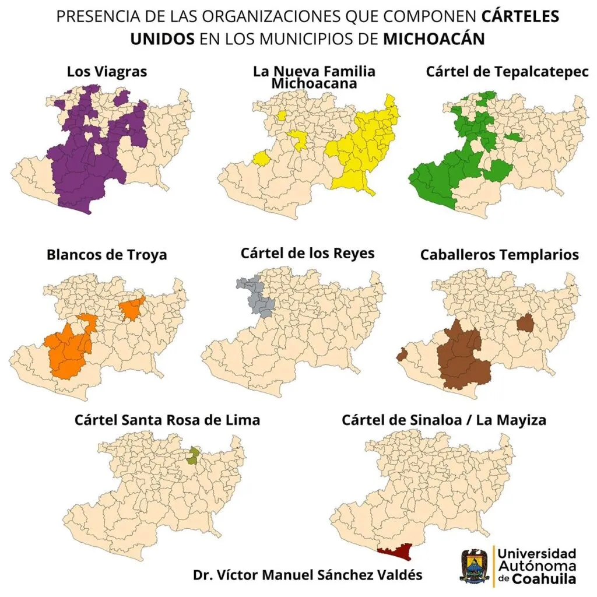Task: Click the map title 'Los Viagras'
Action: click(107, 72)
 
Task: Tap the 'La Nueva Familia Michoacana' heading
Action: click(314, 77)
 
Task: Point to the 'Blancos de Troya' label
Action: click(107, 255)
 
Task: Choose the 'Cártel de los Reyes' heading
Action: click(307, 254)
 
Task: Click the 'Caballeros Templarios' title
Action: click(499, 255)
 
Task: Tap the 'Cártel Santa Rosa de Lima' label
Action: click(167, 420)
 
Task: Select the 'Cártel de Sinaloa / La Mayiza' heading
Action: click(444, 420)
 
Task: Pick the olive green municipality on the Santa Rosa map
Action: click(194, 456)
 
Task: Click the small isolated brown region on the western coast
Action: click(402, 354)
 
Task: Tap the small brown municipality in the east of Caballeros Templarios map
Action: click(525, 322)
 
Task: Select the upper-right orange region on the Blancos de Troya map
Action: click(132, 308)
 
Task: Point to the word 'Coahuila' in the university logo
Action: click(543, 579)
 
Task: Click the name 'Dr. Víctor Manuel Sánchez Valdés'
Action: click(307, 574)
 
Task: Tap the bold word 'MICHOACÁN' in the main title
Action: click(434, 38)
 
